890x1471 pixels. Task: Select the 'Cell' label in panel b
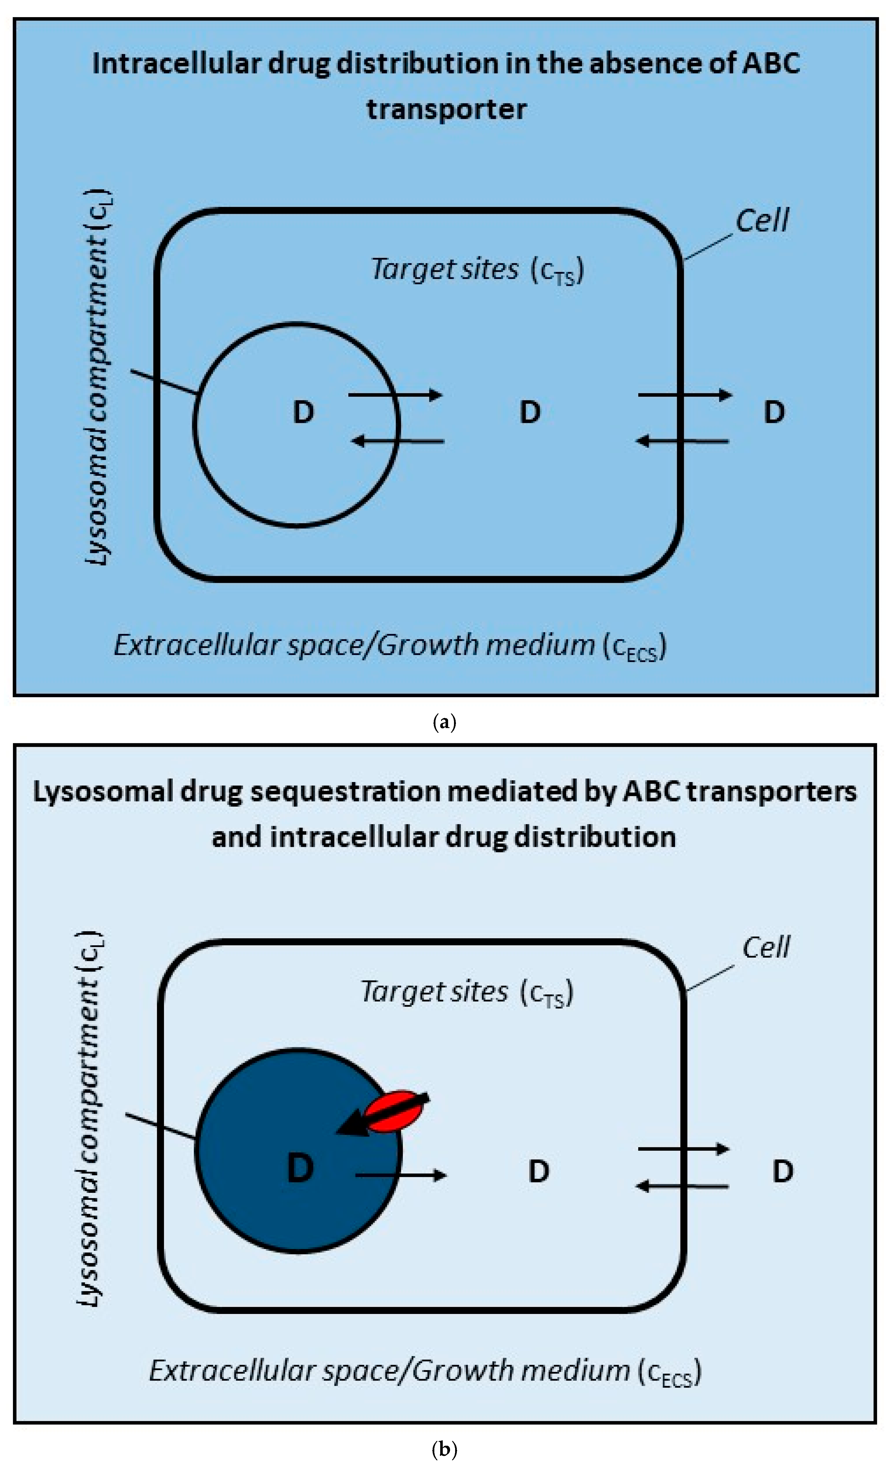766,948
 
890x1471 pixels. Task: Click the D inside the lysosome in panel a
303,412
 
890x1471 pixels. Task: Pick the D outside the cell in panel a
774,412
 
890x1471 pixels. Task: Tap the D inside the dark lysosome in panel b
300,1168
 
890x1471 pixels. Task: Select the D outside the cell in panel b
783,1171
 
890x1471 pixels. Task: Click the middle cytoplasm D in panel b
539,1171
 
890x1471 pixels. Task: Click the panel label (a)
444,722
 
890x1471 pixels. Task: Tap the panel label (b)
444,1450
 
